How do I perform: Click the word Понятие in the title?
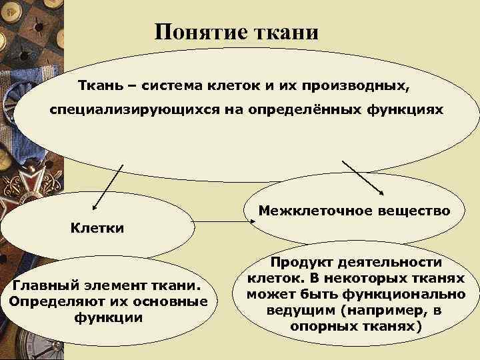(197, 32)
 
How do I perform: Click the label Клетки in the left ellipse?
(97, 228)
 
